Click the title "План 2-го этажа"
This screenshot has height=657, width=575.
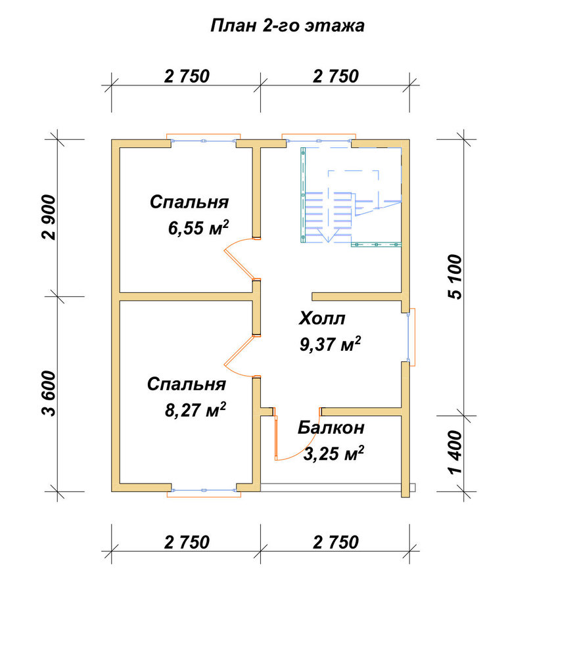[x=287, y=26]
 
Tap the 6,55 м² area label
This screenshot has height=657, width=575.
[x=198, y=227]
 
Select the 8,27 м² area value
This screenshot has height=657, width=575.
[x=195, y=409]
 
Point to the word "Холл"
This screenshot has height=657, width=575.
[x=322, y=319]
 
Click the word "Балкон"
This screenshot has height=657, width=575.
[x=331, y=428]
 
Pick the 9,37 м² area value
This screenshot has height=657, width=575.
[x=331, y=344]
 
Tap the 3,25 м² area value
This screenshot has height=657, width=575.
[x=333, y=453]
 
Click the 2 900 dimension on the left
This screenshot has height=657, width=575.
[x=49, y=217]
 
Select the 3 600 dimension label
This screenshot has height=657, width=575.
[x=49, y=394]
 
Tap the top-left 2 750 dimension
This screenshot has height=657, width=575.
[x=187, y=76]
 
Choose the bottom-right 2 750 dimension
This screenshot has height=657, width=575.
[x=336, y=542]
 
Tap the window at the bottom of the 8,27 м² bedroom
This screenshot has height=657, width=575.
[x=204, y=491]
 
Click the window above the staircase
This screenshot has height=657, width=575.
[x=319, y=139]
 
